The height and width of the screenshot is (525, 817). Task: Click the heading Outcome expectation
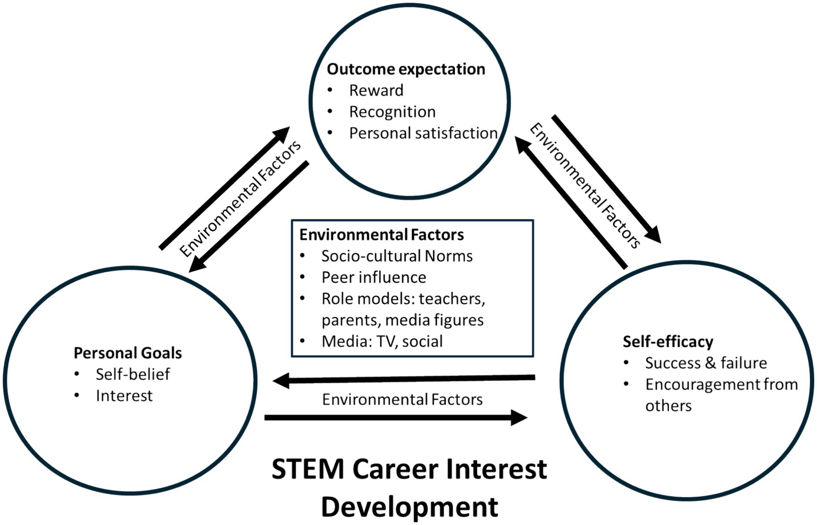406,69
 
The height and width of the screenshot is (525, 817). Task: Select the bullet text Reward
376,91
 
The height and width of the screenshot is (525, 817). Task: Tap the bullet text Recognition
392,112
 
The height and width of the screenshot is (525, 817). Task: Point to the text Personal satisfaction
423,133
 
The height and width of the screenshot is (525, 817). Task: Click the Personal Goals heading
128,353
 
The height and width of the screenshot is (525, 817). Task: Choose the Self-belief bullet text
132,375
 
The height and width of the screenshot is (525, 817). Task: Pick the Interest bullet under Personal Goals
124,396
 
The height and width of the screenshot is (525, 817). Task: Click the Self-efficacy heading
668,342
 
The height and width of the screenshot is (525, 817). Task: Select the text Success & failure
706,363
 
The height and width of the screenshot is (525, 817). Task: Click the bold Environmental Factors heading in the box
381,235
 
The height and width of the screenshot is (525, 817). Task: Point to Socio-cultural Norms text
397,256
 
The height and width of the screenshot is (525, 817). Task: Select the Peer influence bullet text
374,278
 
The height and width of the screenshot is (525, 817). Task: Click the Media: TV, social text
382,342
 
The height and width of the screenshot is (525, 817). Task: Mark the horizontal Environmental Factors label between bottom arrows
402,399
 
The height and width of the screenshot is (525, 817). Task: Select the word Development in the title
409,507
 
